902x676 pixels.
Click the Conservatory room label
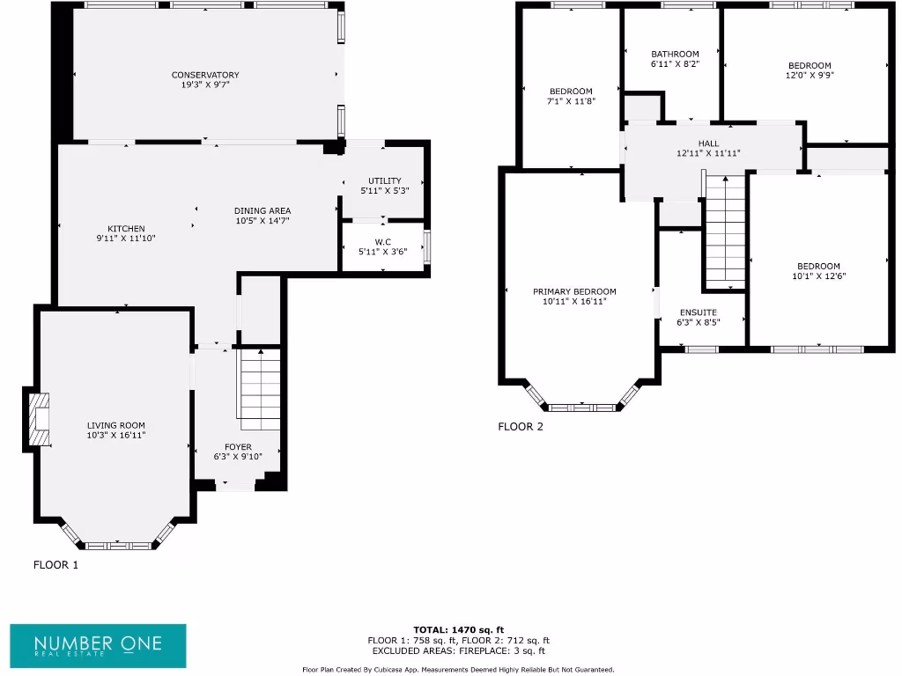205,75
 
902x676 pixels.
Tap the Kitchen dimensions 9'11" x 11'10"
126,238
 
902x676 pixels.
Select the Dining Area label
262,210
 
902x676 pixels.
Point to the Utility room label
384,180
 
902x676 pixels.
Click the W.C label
383,242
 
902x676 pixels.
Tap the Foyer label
238,447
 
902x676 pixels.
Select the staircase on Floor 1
259,385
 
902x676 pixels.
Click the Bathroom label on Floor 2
675,54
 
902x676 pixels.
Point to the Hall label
708,143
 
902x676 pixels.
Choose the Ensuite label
699,312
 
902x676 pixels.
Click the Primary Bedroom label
574,291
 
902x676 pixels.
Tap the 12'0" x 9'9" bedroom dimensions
810,76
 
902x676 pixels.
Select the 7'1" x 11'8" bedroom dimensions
571,101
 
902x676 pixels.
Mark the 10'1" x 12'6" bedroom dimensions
818,276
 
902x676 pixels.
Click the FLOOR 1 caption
55,565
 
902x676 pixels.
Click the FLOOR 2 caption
521,427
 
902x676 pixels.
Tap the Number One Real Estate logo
98,645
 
